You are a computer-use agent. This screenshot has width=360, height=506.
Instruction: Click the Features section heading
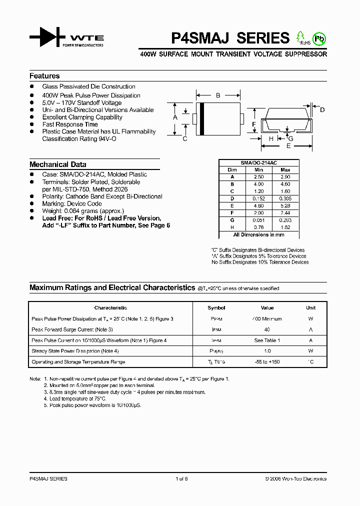coord(44,76)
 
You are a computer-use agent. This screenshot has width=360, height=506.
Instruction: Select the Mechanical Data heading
coord(57,164)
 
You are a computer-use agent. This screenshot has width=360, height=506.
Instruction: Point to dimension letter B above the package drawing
coord(218,95)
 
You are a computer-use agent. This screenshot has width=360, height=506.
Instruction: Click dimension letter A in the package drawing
coord(175,117)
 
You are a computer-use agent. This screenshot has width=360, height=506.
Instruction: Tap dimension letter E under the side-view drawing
coord(288,146)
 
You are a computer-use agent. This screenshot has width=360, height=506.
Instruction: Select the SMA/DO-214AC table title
coord(259,163)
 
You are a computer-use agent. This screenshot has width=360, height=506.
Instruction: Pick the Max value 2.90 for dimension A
coord(285,177)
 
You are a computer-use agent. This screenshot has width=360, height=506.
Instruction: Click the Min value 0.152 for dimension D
coord(259,198)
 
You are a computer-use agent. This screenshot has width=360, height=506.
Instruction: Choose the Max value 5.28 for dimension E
coord(285,205)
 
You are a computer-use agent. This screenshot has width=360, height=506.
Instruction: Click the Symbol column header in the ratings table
coord(216,308)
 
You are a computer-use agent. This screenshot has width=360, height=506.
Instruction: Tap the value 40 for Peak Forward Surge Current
coord(267,329)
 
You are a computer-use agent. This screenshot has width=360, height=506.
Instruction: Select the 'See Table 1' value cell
coord(267,340)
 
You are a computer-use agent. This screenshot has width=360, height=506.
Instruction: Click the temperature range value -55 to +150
coord(267,362)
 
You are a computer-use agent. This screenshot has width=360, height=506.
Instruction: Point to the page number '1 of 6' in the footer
coord(181,479)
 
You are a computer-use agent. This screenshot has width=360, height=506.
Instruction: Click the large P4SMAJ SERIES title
coord(230,38)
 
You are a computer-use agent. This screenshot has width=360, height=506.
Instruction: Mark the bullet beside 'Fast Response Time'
coord(31,124)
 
